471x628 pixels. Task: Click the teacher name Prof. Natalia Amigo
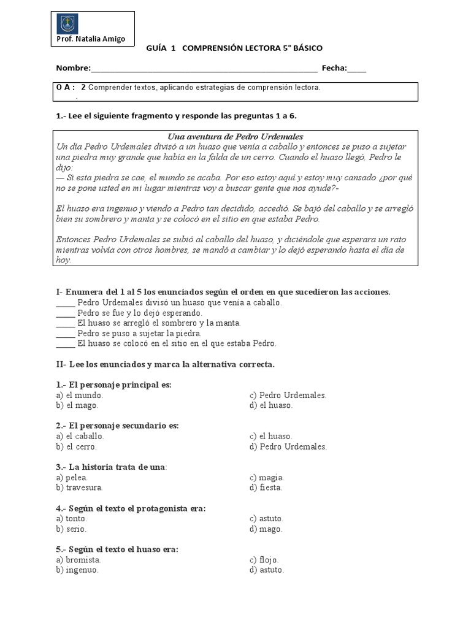click(90, 39)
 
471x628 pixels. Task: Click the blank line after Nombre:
click(204, 69)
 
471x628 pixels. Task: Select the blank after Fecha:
click(356, 69)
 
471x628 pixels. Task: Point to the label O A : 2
click(71, 88)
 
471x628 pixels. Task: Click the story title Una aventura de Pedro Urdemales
click(235, 137)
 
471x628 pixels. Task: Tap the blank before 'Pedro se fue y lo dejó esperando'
click(65, 313)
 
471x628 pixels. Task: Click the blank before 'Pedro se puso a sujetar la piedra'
click(65, 333)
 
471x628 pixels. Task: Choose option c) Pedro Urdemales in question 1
click(288, 396)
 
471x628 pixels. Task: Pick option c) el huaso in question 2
click(272, 436)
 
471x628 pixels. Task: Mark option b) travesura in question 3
click(79, 488)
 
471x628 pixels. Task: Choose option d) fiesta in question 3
click(266, 488)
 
